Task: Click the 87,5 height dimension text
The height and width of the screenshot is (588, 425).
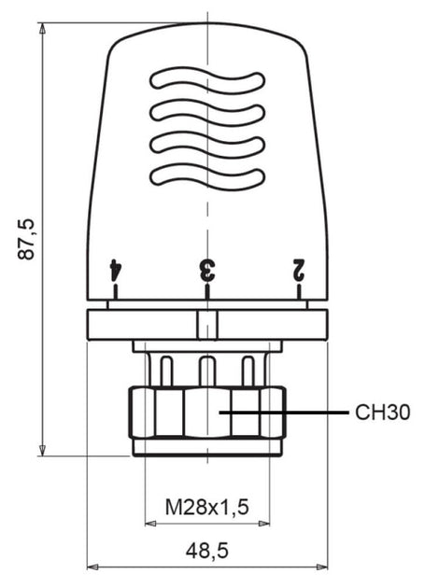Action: point(27,240)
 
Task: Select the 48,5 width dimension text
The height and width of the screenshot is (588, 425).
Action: point(206,551)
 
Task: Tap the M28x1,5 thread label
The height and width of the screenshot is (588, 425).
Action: point(206,508)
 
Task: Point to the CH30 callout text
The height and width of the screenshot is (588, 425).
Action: point(383,412)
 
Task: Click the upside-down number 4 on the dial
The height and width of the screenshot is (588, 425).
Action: point(115,270)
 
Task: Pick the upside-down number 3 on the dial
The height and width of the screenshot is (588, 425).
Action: point(206,270)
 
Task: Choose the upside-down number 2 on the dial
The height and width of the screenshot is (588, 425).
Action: point(299,270)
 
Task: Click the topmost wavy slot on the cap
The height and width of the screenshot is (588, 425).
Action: point(206,79)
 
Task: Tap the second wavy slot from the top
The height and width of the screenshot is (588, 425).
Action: point(206,110)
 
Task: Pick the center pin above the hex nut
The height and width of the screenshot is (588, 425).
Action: point(207,370)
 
